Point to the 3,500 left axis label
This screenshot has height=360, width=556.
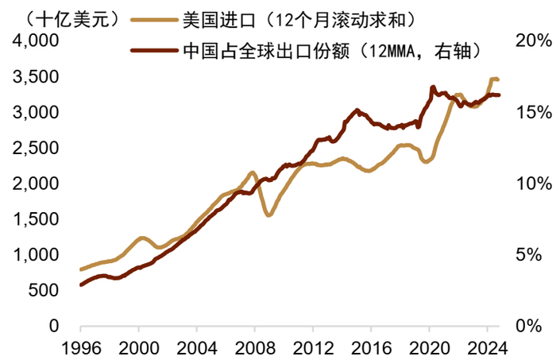37,77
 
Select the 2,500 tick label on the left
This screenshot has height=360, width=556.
37,148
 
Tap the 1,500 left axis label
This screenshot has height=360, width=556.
37,219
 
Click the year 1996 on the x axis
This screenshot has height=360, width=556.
80,346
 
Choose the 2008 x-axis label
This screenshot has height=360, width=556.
254,346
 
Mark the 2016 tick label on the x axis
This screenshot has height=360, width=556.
371,346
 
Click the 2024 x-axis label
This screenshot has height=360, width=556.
487,346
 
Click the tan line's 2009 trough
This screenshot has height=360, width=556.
269,215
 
